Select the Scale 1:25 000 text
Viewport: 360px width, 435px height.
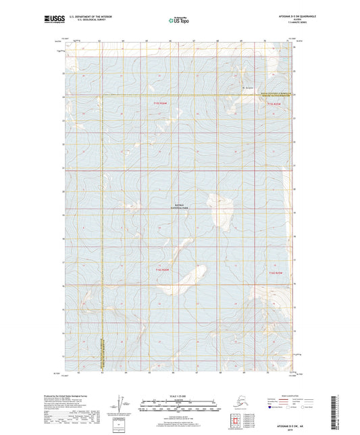coord(179,395)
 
